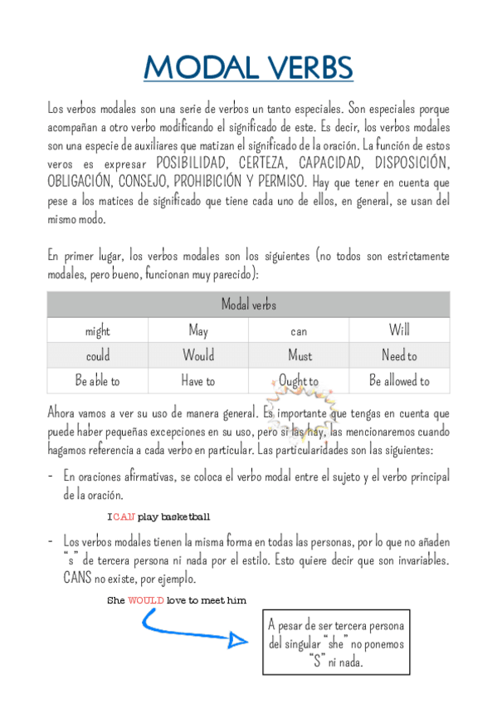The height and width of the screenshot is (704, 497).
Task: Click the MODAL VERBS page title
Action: tap(248, 67)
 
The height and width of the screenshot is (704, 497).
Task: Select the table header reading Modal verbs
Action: tap(248, 305)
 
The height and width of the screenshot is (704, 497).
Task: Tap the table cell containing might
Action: tap(97, 331)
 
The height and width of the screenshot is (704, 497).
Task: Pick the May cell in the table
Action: tap(198, 331)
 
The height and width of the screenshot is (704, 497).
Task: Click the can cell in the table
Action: tap(299, 331)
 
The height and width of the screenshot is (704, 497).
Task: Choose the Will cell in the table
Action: tap(399, 331)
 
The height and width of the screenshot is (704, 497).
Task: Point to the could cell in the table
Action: tap(97, 356)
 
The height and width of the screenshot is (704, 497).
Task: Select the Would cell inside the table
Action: tap(198, 356)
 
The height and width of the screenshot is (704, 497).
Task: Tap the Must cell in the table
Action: tap(299, 356)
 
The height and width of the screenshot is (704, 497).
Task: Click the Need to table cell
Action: tap(399, 356)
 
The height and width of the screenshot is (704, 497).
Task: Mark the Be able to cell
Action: tap(97, 381)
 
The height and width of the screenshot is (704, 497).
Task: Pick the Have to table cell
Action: tap(198, 381)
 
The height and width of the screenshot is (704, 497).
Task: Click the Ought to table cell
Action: tap(299, 381)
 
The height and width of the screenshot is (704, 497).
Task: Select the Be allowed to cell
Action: tap(399, 381)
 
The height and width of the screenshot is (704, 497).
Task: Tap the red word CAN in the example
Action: tap(124, 516)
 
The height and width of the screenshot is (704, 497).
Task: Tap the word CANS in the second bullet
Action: tap(78, 579)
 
